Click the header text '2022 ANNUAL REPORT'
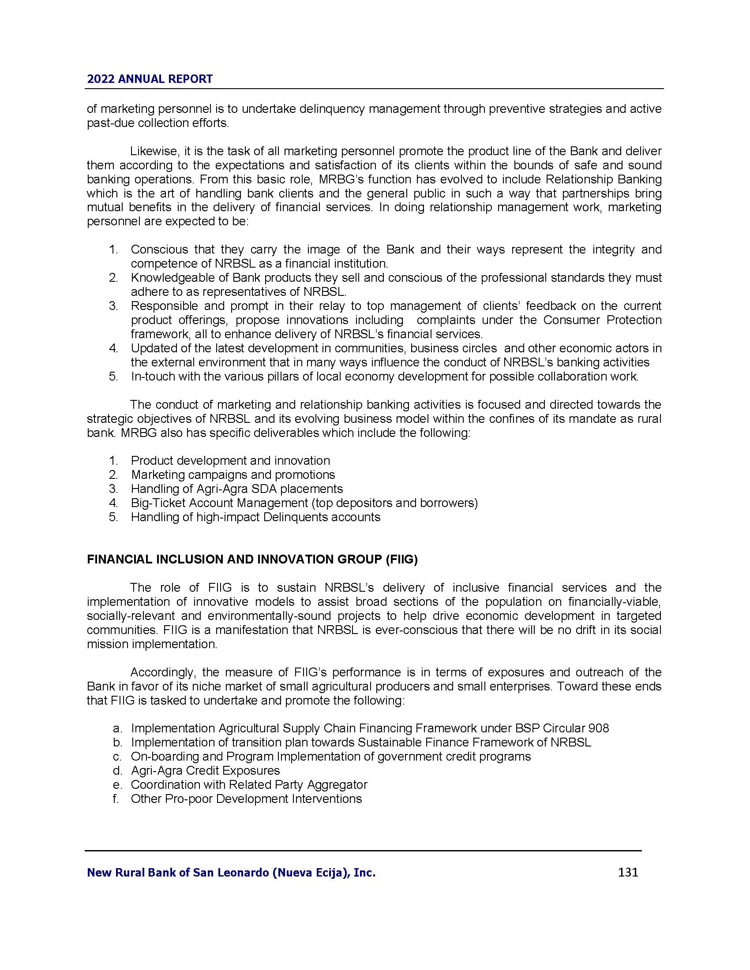click(150, 79)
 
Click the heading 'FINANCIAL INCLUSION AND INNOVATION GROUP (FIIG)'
click(252, 560)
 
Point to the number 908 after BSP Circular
click(599, 728)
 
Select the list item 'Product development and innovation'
click(230, 461)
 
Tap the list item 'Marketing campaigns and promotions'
click(233, 475)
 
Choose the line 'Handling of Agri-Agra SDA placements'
click(237, 489)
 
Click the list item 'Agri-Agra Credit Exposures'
click(205, 771)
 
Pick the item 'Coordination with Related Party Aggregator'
click(249, 785)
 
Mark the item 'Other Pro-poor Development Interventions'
click(246, 799)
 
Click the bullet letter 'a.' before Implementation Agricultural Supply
click(117, 728)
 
